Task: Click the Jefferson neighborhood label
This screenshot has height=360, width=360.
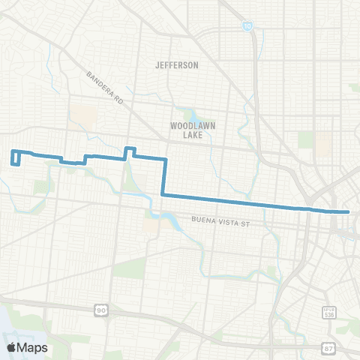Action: pyautogui.click(x=177, y=65)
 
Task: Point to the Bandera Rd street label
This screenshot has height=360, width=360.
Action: pyautogui.click(x=104, y=87)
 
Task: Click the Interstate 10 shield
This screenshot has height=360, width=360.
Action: pyautogui.click(x=247, y=26)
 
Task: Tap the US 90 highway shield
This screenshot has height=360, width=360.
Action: pyautogui.click(x=100, y=309)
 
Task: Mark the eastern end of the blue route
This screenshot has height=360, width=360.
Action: pyautogui.click(x=348, y=212)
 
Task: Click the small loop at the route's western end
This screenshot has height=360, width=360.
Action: pyautogui.click(x=14, y=157)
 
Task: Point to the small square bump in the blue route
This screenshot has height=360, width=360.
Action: pyautogui.click(x=129, y=153)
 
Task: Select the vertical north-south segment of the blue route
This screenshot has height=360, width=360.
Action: pyautogui.click(x=163, y=177)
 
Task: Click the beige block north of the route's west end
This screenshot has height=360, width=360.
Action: pyautogui.click(x=86, y=116)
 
